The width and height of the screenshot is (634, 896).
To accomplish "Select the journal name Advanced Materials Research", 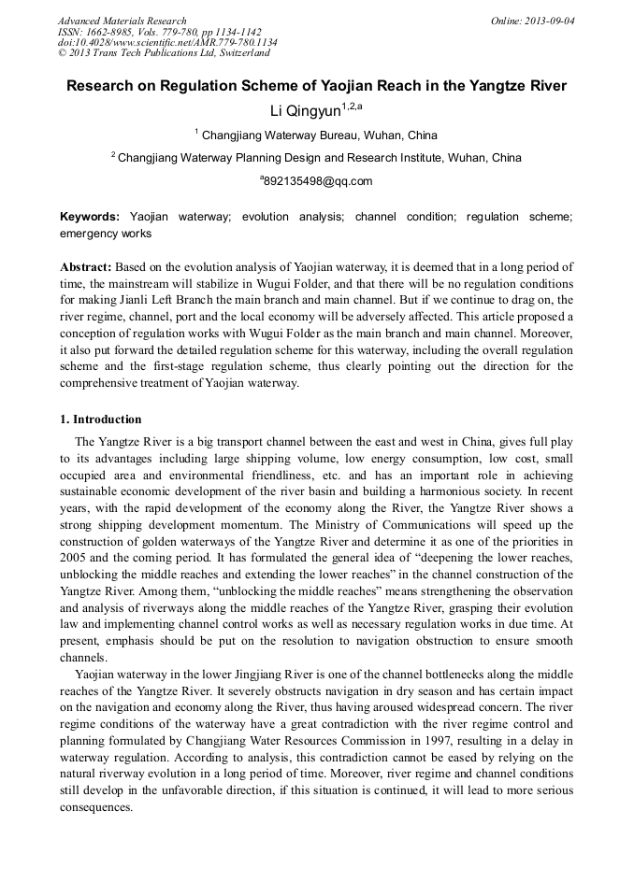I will point(122,20).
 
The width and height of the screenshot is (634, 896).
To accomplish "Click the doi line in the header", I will point(167,42).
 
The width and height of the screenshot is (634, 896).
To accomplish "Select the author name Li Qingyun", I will point(304,111).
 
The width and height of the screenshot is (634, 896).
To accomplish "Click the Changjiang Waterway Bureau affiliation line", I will point(318,135).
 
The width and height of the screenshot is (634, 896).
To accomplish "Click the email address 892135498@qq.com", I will point(317,181).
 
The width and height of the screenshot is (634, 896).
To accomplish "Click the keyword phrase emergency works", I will point(106,233).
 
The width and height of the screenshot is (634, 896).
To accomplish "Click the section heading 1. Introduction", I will point(101,420).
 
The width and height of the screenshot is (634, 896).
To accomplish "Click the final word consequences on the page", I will point(97,807).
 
